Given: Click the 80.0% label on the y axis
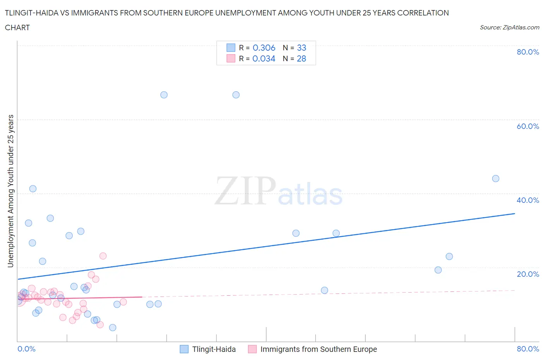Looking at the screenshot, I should click(528, 52).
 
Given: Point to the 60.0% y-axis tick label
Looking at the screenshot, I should click(528, 126).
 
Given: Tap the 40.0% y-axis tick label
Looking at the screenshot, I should click(528, 200).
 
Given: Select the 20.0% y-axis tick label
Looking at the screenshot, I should click(528, 274).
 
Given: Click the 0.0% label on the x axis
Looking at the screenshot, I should click(26, 349).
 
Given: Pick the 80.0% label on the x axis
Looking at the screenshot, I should click(528, 349).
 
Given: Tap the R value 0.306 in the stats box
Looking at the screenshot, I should click(264, 48).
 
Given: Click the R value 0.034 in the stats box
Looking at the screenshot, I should click(264, 58).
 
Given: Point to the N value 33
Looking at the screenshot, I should click(301, 48).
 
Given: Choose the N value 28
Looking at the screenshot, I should click(301, 58).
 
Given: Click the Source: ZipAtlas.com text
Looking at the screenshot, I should click(509, 27).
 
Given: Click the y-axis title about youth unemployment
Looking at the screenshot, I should click(10, 191).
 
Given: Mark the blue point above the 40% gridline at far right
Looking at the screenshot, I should click(496, 178).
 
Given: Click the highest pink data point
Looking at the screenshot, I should click(103, 256).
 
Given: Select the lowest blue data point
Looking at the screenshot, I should click(113, 327).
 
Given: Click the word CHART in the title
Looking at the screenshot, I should click(17, 27).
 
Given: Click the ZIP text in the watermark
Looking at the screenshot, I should click(245, 191).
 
